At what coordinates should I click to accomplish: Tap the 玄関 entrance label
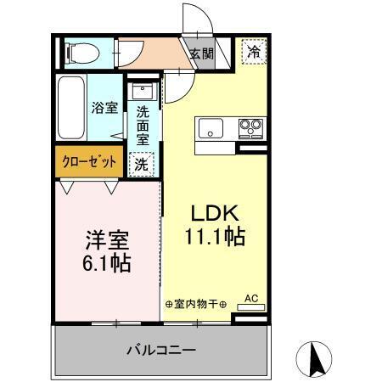point(201,54)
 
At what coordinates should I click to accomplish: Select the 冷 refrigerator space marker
point(254,51)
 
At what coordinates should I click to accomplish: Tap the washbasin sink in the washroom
point(141,92)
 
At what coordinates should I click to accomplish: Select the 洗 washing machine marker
point(141,164)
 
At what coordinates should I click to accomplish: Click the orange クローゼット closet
point(88,162)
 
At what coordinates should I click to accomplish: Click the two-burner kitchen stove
point(250,129)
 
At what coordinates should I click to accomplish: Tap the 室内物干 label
point(195,303)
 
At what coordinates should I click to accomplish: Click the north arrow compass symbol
point(314,358)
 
